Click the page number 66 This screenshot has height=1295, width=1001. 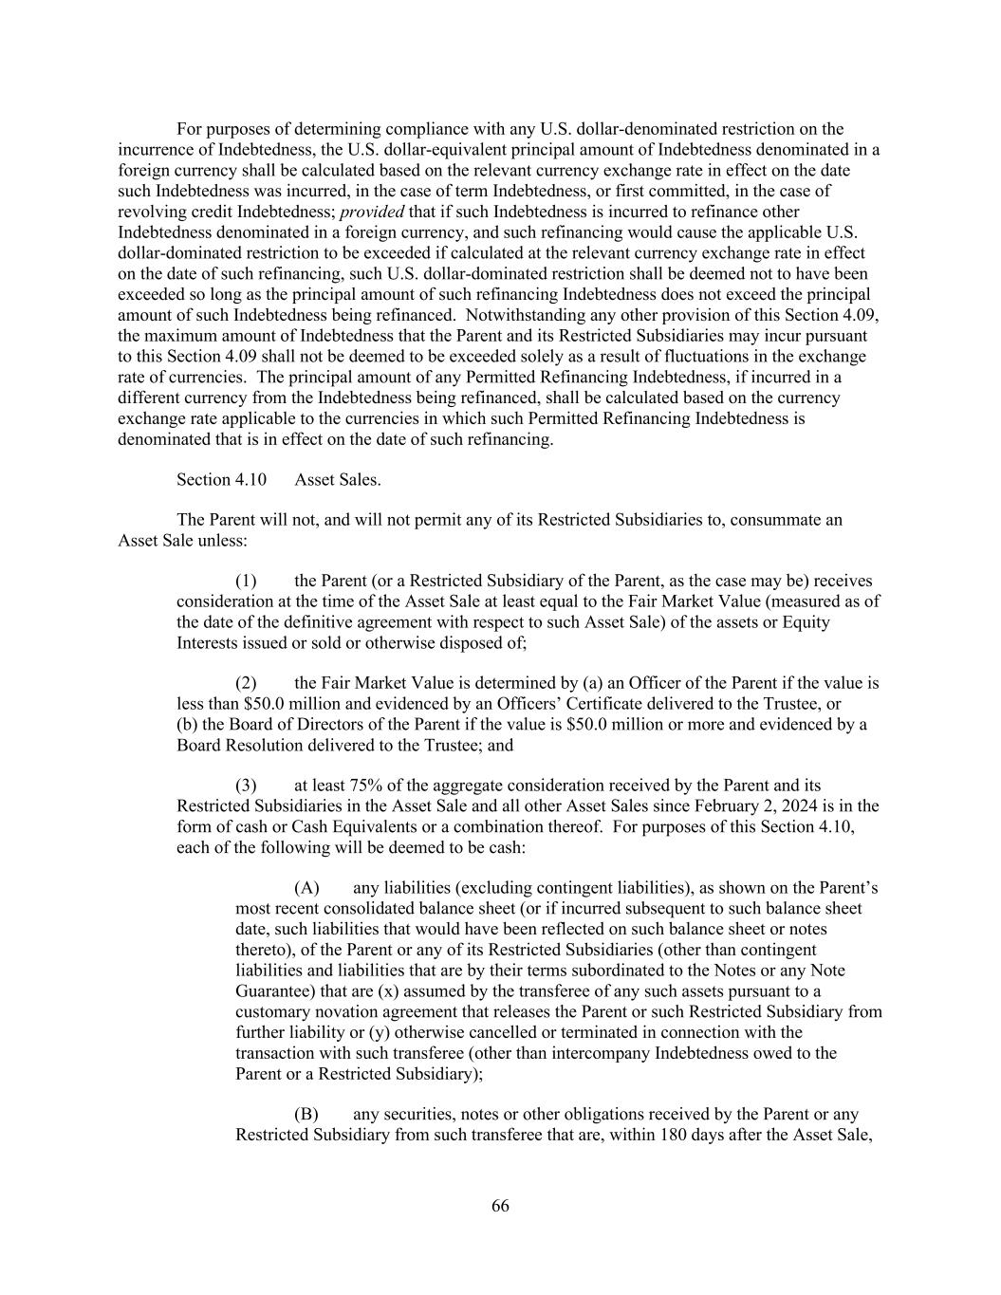coord(500,1206)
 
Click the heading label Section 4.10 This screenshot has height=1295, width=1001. coord(221,480)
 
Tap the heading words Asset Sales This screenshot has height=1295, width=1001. coord(338,480)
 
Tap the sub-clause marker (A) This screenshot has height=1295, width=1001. coord(306,888)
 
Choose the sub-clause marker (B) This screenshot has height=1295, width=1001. coord(306,1114)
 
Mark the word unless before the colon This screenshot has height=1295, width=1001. coord(222,541)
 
